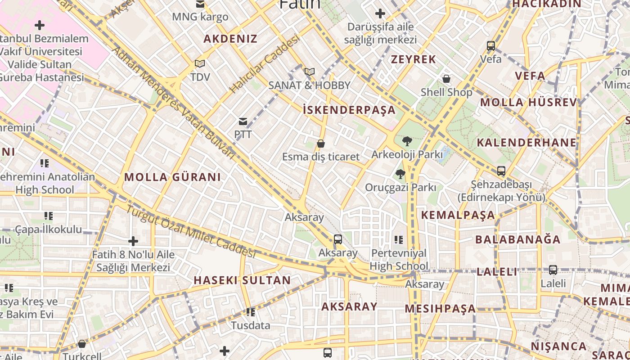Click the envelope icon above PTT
pos(243,121)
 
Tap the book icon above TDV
pos(200,64)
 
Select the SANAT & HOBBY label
pos(309,85)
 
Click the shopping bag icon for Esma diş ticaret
pos(321,144)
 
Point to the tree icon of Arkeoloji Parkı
pos(407,141)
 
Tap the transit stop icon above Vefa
pos(491,46)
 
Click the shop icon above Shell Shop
pos(446,79)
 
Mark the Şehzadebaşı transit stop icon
pos(501,171)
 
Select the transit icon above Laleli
pos(553,270)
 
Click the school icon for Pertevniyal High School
pos(398,240)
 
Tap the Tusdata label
pos(251,325)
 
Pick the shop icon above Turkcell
pos(82,344)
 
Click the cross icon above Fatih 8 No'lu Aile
pos(133,241)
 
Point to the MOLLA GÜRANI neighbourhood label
pos(172,177)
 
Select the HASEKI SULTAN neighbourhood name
pos(242,280)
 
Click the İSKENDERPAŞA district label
pos(349,110)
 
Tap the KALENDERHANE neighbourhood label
pos(526,143)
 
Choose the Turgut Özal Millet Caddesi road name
pos(191,231)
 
